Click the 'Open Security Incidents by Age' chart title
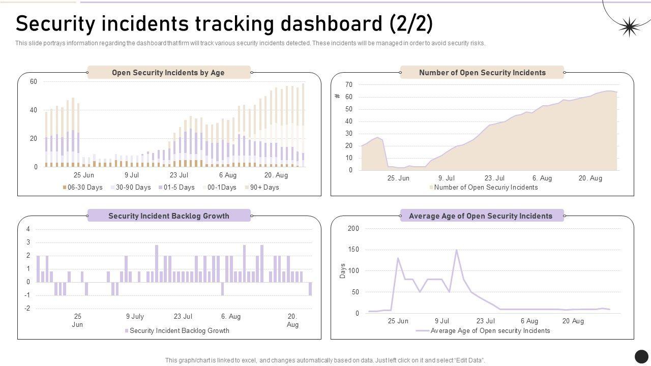click(168, 73)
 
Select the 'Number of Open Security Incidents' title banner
click(482, 73)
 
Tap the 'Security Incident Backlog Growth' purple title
click(169, 216)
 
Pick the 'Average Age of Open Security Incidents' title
click(481, 216)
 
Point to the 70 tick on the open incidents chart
click(349, 84)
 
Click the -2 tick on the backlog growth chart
click(27, 309)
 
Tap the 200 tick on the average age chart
click(353, 229)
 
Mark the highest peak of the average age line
click(456, 250)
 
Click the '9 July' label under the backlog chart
click(135, 316)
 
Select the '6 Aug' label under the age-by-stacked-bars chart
click(228, 175)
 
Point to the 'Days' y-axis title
click(342, 271)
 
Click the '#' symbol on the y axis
click(337, 96)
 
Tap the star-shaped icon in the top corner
click(629, 27)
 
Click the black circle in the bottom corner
click(641, 356)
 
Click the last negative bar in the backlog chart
click(310, 289)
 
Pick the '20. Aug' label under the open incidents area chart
click(590, 178)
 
